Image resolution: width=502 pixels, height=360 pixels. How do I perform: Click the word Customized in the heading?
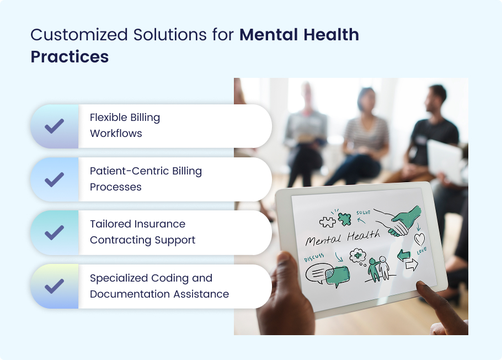(x=79, y=35)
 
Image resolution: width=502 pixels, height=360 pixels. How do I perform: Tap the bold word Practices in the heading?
(x=70, y=57)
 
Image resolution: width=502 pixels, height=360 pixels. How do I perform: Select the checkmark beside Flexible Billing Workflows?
(x=55, y=126)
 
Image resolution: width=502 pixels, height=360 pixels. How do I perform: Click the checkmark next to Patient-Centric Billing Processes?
(x=55, y=179)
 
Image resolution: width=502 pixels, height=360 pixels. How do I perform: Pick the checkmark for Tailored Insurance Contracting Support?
(x=55, y=233)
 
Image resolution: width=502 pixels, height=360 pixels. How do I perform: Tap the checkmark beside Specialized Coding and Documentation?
(x=55, y=286)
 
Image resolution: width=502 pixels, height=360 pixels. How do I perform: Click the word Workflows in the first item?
(x=116, y=134)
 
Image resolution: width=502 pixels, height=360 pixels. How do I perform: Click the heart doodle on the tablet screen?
(x=419, y=239)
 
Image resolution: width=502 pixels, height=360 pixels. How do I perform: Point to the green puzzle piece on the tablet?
(x=344, y=219)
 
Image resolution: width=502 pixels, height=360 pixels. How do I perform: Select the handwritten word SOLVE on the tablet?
(x=364, y=213)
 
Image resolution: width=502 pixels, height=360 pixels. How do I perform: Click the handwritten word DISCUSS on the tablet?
(x=314, y=257)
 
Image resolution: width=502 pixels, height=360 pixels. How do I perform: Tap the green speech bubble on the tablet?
(x=337, y=276)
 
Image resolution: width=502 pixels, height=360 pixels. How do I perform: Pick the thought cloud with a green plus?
(x=358, y=256)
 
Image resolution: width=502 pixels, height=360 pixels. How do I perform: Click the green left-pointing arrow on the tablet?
(x=404, y=256)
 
